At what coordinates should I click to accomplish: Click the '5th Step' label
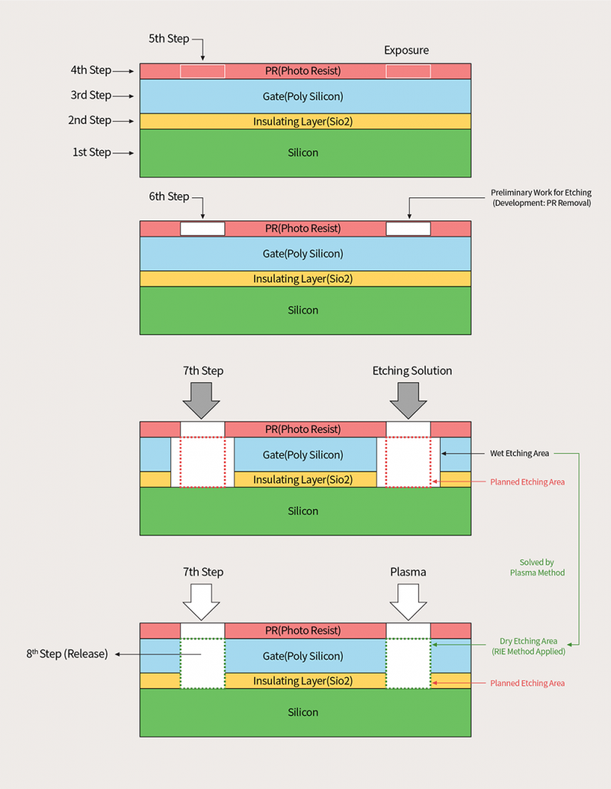169,39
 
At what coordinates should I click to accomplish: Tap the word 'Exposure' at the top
406,50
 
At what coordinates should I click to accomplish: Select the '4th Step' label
91,70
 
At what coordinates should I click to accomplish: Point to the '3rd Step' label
91,96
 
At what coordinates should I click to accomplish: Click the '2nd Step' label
90,120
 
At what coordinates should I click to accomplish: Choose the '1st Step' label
92,153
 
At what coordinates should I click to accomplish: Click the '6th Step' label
169,196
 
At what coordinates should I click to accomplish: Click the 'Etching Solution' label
412,371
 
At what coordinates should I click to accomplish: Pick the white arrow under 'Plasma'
408,600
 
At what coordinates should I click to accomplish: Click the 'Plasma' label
408,572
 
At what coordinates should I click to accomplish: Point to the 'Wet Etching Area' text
519,453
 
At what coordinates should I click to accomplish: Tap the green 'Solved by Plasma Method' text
537,568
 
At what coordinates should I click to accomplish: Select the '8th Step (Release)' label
67,653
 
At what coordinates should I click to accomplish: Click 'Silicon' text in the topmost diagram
303,153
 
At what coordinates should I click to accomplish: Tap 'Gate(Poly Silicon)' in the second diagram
303,253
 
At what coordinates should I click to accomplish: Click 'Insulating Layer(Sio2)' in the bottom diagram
303,681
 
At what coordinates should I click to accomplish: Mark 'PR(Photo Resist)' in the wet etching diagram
303,429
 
